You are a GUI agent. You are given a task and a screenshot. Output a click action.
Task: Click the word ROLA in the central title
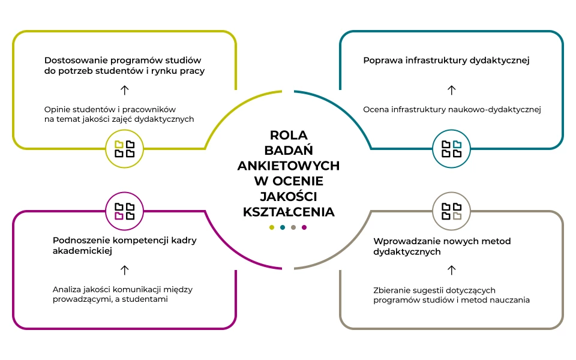tap(288, 135)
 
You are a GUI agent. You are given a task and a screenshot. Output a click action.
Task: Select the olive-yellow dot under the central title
tap(272, 227)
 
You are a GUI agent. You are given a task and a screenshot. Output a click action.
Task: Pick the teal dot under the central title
tap(283, 227)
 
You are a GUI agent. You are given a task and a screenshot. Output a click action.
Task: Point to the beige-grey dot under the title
tap(293, 227)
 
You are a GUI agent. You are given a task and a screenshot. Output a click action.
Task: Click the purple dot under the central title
tap(304, 227)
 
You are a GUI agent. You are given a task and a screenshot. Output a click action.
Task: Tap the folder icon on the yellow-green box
tap(125, 149)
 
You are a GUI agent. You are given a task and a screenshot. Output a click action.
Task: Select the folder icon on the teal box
tap(452, 149)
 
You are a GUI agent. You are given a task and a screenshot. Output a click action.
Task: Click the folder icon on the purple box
tap(125, 211)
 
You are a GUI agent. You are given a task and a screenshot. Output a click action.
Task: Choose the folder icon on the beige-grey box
tap(452, 211)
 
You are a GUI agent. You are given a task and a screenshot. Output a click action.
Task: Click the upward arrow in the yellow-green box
tap(125, 90)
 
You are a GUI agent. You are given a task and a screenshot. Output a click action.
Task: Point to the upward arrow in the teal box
tap(452, 90)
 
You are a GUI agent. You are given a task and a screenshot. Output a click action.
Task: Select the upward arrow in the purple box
tap(125, 270)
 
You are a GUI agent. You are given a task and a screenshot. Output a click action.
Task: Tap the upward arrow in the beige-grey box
tap(452, 270)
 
